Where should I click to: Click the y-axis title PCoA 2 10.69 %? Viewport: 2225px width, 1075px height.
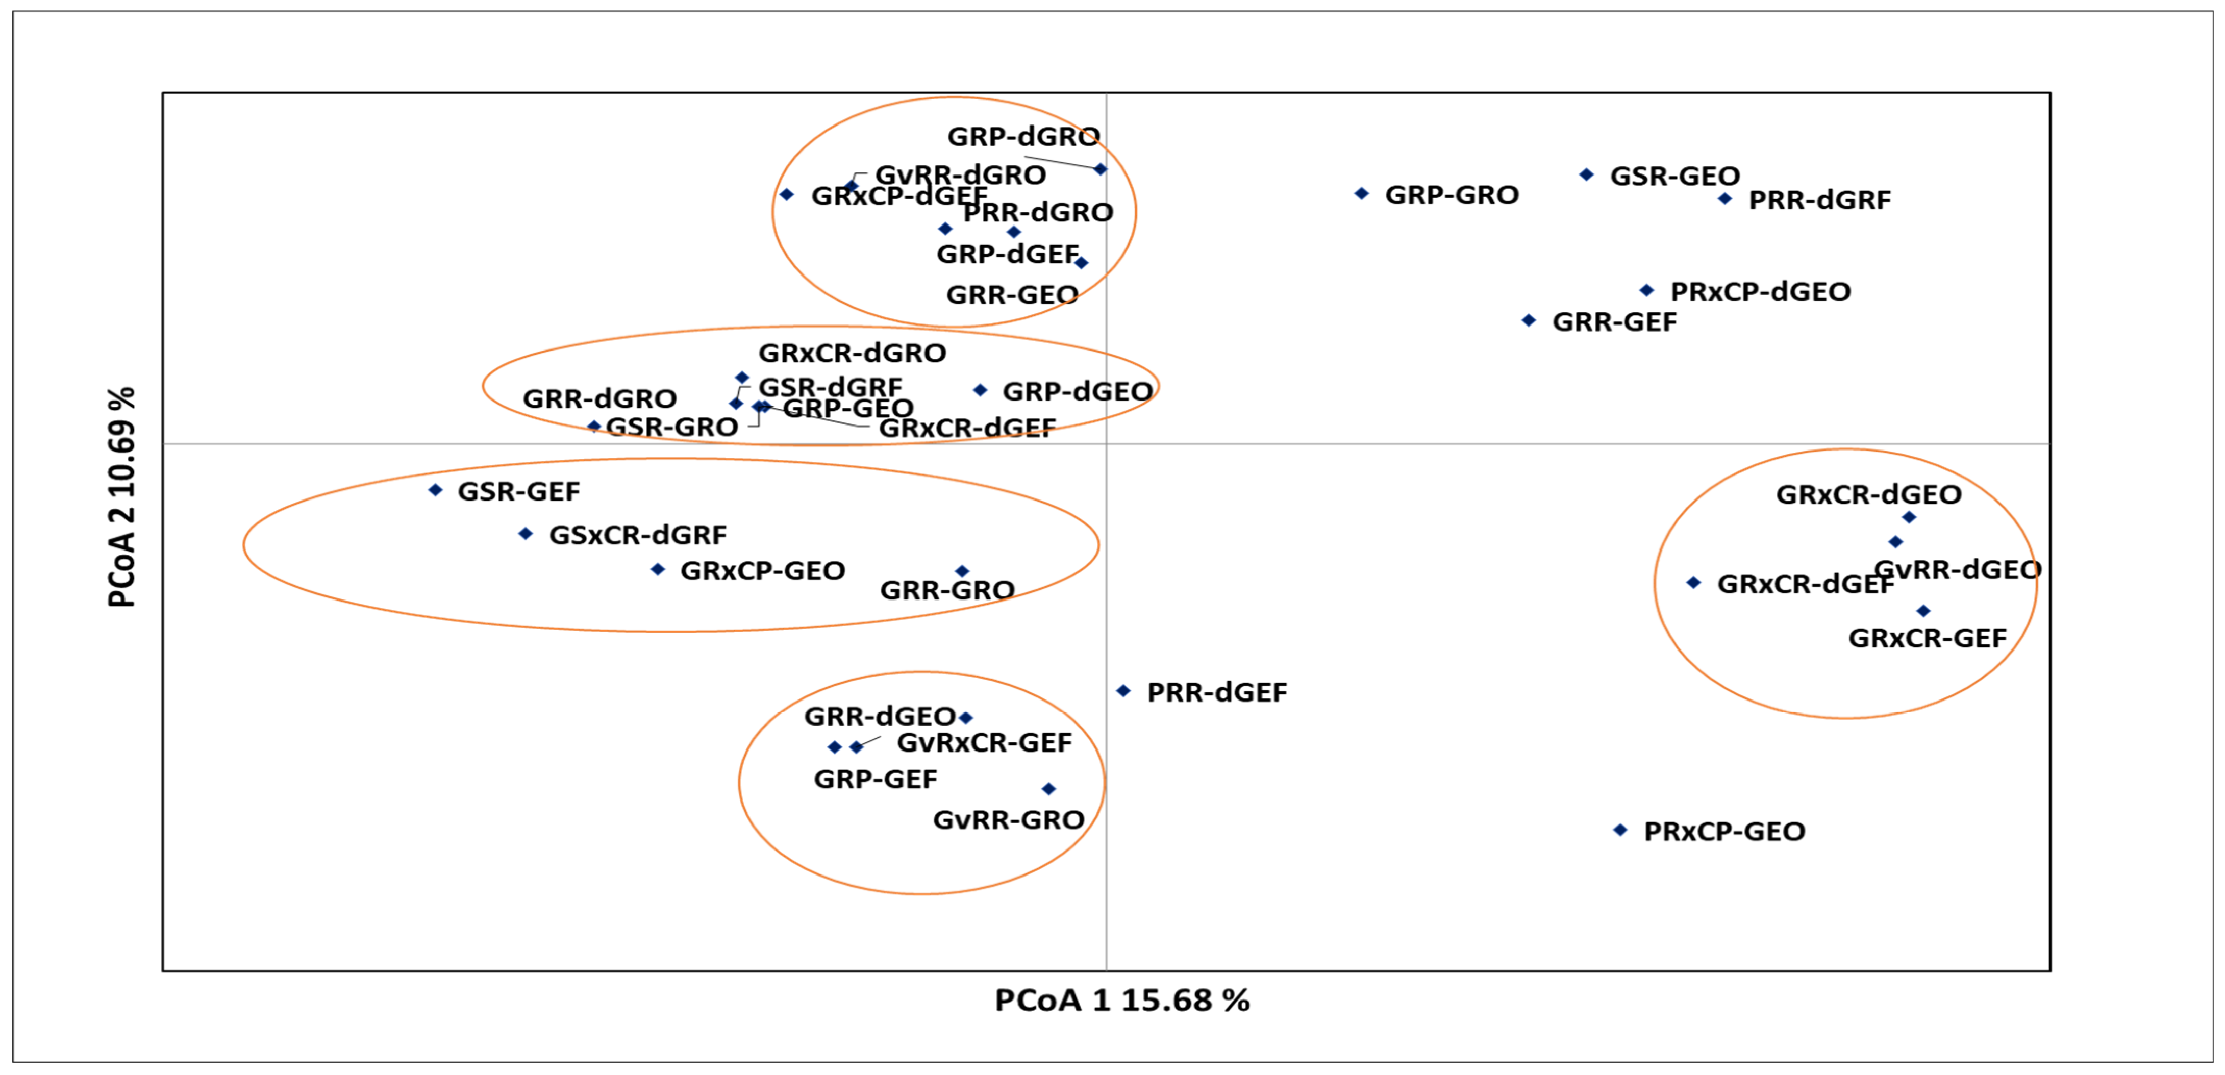122,497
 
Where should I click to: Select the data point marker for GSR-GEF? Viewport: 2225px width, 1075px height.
435,490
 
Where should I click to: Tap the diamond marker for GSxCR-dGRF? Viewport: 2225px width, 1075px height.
525,534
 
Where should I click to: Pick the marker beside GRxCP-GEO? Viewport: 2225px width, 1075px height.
657,569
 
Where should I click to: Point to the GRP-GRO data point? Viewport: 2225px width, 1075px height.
1361,193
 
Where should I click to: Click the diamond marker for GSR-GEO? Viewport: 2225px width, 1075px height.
1587,174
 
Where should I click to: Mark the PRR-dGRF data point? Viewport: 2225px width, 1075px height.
1725,198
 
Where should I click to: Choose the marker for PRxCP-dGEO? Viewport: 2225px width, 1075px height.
1647,290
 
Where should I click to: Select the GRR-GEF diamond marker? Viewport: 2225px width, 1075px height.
1529,320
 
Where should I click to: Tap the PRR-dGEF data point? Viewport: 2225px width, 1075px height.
1123,691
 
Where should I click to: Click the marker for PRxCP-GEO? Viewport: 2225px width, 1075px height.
1620,830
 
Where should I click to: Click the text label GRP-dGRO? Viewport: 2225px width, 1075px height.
1023,136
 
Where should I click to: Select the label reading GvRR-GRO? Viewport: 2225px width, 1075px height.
1008,819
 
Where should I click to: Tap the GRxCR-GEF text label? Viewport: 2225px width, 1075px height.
1927,638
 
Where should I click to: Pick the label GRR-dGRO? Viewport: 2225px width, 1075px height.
599,399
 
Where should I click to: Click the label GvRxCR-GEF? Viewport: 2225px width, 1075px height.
984,742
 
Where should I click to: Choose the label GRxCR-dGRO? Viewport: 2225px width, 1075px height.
852,353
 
